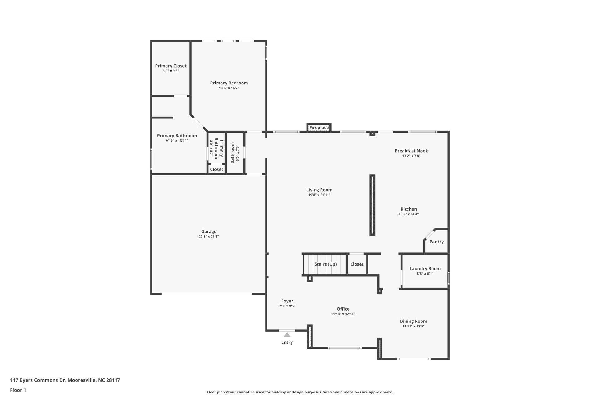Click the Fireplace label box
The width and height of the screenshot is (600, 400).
(319, 127)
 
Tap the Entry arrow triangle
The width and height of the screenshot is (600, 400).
(287, 335)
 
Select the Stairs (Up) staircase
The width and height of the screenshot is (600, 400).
(325, 264)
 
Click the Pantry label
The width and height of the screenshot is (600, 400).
(436, 242)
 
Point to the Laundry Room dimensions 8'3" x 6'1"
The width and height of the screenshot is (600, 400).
(425, 274)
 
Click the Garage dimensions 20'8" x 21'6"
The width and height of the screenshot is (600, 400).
(208, 237)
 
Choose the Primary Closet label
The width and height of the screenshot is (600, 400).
(171, 66)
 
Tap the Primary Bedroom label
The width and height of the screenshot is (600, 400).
(229, 83)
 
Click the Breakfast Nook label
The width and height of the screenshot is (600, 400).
(411, 151)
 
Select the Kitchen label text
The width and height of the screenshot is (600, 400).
(408, 209)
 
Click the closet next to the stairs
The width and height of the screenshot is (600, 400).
(357, 264)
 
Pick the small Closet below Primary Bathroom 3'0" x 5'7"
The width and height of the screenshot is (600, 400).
(216, 169)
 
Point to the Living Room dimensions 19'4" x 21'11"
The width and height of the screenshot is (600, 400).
(319, 195)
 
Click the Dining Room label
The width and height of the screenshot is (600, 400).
(413, 321)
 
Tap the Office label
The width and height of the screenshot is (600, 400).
(343, 309)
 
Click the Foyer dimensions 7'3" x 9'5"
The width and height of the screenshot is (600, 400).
(287, 306)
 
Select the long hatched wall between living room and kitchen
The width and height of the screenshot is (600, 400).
(372, 205)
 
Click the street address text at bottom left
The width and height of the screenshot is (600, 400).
(65, 380)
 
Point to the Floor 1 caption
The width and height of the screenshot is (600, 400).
(18, 390)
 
